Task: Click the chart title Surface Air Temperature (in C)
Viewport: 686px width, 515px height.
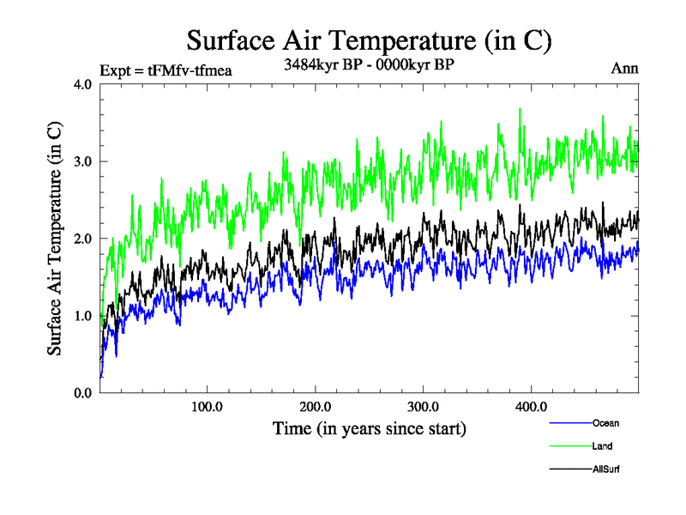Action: pos(368,40)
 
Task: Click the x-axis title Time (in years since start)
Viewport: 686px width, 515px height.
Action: pos(370,427)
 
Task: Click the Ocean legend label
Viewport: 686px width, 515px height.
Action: pos(605,423)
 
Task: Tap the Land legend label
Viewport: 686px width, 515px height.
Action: pos(602,446)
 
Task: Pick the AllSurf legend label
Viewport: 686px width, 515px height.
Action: pos(606,470)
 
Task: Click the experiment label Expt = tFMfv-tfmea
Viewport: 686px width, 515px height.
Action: pos(166,70)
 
